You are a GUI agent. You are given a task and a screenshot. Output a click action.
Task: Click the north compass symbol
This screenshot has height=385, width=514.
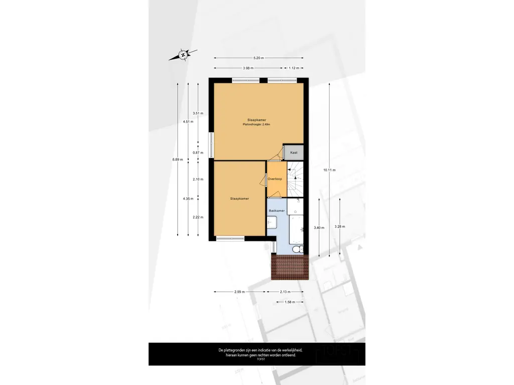click(x=183, y=55)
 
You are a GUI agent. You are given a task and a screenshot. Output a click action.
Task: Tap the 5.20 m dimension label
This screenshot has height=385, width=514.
click(x=259, y=58)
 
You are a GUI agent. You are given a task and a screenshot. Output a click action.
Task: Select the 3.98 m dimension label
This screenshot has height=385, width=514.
click(x=248, y=68)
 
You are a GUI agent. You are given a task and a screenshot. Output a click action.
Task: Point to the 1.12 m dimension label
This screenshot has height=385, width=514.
click(x=294, y=68)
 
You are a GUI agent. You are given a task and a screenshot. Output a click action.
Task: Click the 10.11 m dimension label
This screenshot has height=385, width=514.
click(x=329, y=170)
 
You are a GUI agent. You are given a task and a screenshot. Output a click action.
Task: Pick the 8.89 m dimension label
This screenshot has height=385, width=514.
click(x=178, y=159)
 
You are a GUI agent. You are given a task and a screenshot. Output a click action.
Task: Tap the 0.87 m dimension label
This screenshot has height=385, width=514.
click(x=198, y=152)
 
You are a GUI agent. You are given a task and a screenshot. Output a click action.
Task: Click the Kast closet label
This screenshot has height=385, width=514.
click(x=294, y=152)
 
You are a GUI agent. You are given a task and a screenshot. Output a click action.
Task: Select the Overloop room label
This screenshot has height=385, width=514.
click(x=275, y=179)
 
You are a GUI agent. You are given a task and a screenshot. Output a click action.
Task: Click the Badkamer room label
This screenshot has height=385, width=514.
click(x=277, y=211)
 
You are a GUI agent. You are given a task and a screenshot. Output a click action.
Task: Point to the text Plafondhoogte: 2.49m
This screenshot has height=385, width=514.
click(x=256, y=124)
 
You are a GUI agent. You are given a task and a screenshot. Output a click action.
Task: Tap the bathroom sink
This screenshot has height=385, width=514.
click(x=272, y=223)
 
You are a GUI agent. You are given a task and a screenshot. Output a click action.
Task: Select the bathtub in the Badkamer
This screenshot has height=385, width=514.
click(x=296, y=230)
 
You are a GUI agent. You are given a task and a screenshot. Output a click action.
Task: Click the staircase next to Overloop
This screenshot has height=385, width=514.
click(x=295, y=179)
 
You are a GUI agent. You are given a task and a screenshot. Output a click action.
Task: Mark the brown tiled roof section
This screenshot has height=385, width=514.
click(x=290, y=267)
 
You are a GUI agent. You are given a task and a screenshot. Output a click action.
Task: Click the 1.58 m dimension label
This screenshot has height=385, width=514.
click(x=290, y=302)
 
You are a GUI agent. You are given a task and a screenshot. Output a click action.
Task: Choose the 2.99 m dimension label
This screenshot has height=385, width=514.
click(x=239, y=292)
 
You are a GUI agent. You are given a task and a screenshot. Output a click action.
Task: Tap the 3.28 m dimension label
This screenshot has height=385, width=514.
click(x=340, y=226)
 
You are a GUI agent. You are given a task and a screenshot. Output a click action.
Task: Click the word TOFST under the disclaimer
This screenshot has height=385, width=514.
click(x=261, y=359)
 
